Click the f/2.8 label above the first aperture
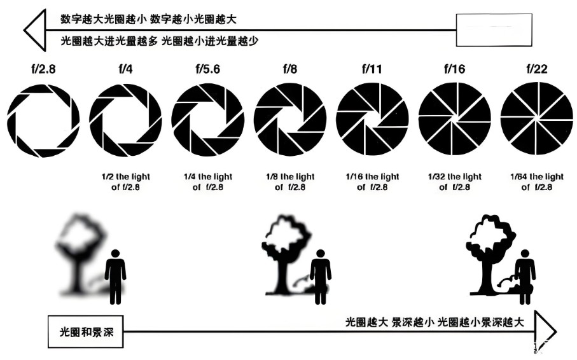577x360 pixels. (43, 69)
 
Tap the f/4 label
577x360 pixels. (125, 69)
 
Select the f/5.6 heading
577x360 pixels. (207, 69)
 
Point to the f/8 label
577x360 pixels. (290, 69)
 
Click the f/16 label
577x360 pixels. (454, 69)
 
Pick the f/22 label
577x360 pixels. (536, 69)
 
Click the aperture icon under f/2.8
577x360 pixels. (43, 120)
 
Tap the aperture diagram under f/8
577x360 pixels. (290, 120)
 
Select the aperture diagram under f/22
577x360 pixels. (536, 120)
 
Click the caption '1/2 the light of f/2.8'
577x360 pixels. (125, 182)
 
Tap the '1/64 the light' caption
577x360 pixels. (537, 182)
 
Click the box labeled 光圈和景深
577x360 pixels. (86, 331)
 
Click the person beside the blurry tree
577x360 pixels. (115, 275)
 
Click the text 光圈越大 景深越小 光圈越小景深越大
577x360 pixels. (435, 322)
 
